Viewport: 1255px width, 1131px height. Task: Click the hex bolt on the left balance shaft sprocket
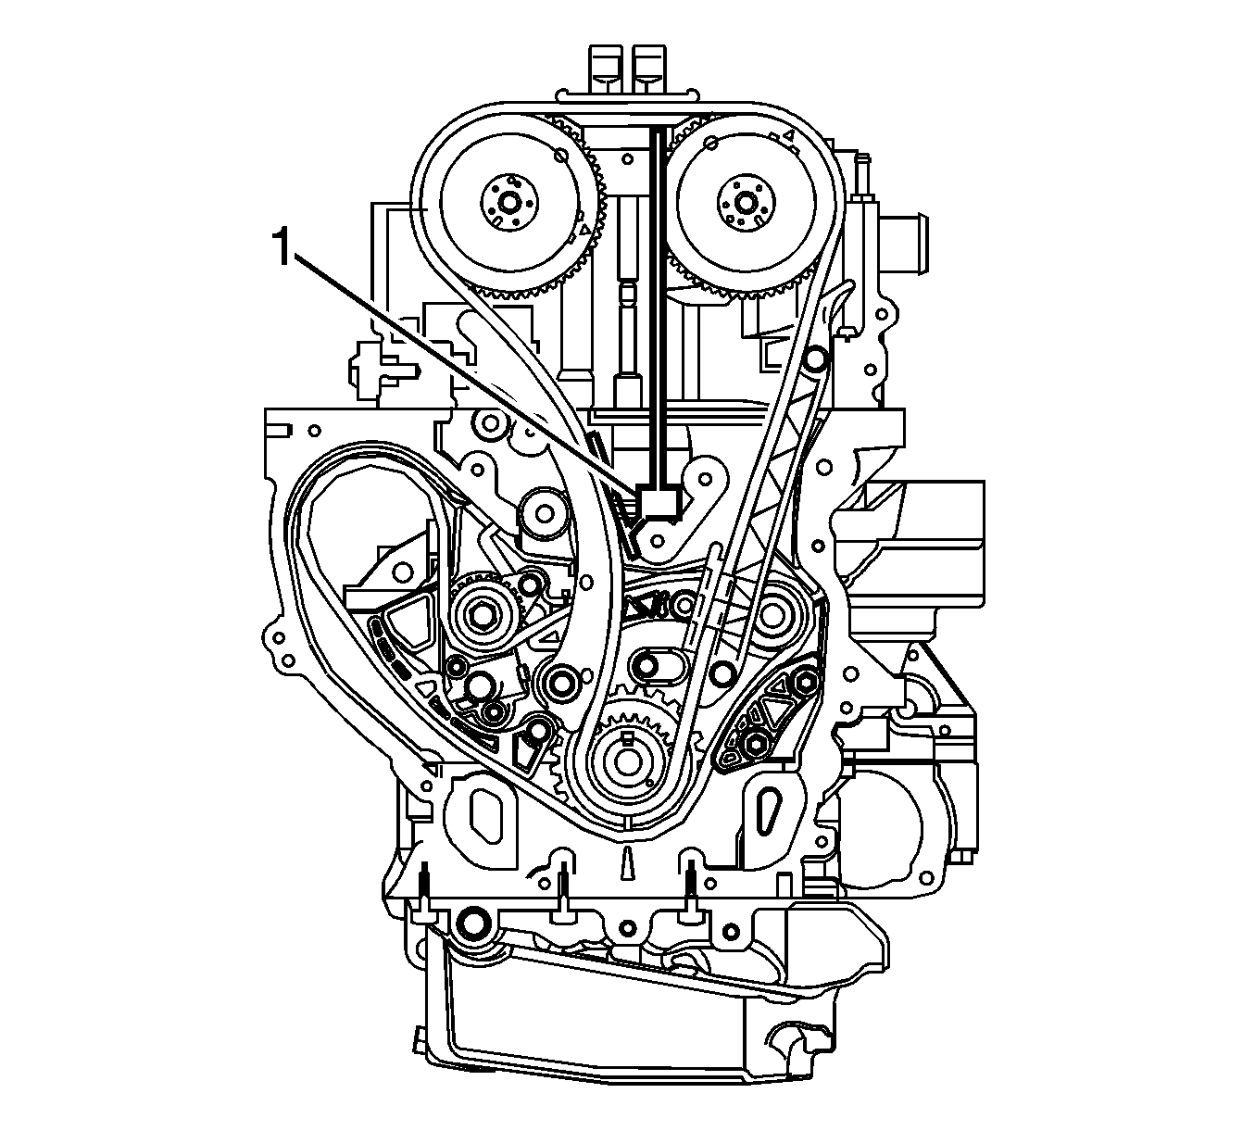point(483,613)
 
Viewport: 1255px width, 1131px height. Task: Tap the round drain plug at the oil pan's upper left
point(472,923)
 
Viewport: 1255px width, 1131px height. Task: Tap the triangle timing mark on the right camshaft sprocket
point(789,137)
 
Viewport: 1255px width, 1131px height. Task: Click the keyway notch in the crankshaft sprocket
point(630,737)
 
